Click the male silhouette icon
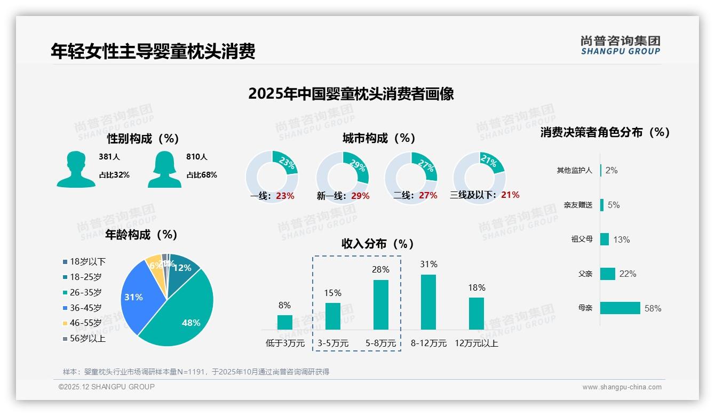[76, 169]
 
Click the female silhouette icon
[164, 169]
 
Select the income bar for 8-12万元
[428, 302]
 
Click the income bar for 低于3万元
[284, 322]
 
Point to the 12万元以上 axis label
[476, 343]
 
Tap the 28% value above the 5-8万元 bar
[380, 270]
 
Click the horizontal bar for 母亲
[620, 308]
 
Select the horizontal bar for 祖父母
[605, 239]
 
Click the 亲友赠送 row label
[578, 205]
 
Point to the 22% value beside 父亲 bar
[627, 274]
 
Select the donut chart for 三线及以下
[479, 171]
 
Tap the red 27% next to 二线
[428, 196]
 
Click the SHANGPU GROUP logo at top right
[620, 45]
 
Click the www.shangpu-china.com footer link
[622, 387]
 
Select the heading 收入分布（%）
[378, 244]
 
